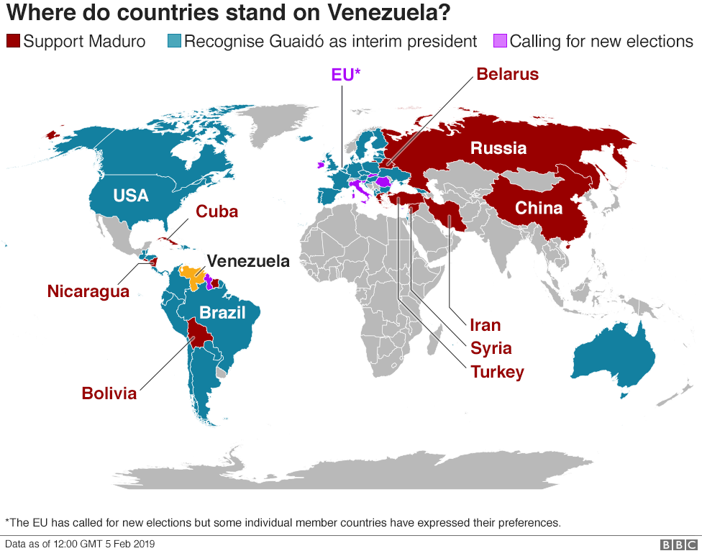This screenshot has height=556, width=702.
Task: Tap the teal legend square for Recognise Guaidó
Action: [x=173, y=41]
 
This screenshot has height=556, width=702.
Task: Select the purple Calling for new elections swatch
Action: [x=500, y=41]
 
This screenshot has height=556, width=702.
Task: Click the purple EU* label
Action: [x=345, y=74]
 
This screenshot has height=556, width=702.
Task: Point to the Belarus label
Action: [x=507, y=74]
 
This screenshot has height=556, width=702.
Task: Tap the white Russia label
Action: [x=498, y=148]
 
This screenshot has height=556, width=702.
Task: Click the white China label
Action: [x=539, y=208]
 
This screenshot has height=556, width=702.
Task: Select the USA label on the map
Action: [x=131, y=195]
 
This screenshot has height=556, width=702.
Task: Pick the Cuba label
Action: [x=216, y=212]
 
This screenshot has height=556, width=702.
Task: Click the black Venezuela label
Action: [x=248, y=261]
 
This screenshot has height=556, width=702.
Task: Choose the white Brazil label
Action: [x=222, y=313]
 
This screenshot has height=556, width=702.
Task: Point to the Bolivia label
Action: [x=109, y=393]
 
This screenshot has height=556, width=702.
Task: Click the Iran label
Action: [x=485, y=325]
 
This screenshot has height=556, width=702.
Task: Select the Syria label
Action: [x=491, y=348]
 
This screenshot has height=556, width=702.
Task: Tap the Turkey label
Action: [x=497, y=372]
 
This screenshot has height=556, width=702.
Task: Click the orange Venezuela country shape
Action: [x=192, y=273]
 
